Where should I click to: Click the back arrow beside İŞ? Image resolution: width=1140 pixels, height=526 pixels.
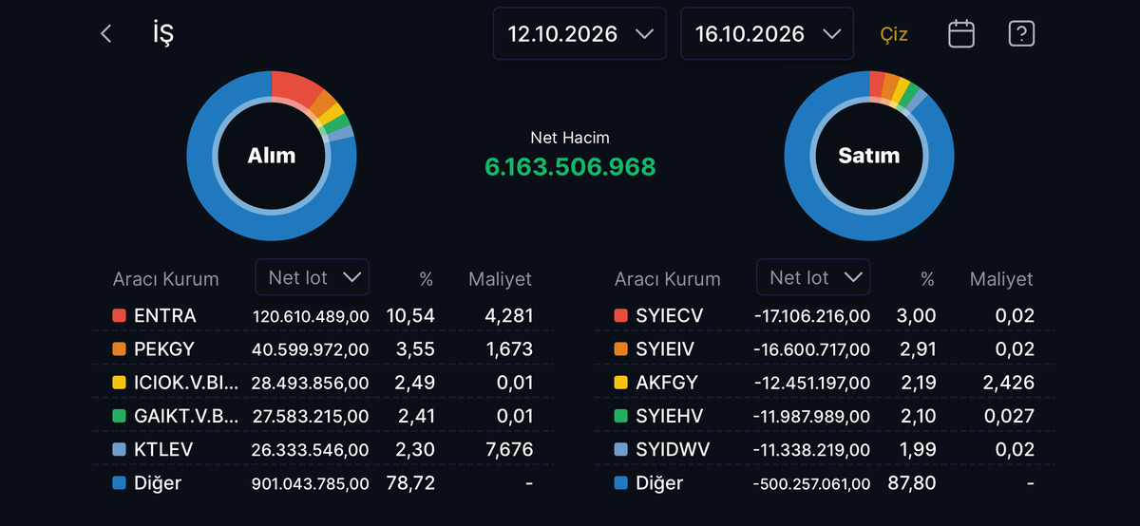(105, 34)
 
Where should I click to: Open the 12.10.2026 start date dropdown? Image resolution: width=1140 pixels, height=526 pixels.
(579, 33)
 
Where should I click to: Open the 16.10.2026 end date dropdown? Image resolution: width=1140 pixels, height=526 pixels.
(767, 33)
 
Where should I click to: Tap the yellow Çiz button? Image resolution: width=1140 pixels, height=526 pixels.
(894, 34)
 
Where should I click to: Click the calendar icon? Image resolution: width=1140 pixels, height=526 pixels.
(961, 33)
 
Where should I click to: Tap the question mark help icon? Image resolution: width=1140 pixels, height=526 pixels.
(1021, 33)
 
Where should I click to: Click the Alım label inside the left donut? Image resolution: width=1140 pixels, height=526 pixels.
(272, 156)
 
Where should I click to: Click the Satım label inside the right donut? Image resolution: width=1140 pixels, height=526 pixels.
(868, 156)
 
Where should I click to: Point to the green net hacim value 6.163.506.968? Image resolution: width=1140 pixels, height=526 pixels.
(570, 167)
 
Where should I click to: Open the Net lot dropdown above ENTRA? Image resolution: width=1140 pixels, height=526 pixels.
(312, 277)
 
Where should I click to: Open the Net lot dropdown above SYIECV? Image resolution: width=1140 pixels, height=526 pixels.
(813, 277)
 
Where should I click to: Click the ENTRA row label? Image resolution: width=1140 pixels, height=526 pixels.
(165, 316)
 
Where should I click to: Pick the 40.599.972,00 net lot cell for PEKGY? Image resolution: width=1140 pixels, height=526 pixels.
(310, 349)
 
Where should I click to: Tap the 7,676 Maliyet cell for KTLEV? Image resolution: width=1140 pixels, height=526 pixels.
(509, 450)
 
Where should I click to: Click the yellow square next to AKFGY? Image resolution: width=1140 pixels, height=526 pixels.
(621, 383)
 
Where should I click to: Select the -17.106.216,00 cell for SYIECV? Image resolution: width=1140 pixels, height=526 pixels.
(812, 316)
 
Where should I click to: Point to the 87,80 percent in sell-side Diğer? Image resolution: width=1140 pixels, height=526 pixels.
(912, 482)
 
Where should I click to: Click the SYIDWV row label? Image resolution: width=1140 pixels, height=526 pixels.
(673, 450)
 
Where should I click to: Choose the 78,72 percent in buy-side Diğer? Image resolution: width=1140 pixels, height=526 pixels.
(410, 482)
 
